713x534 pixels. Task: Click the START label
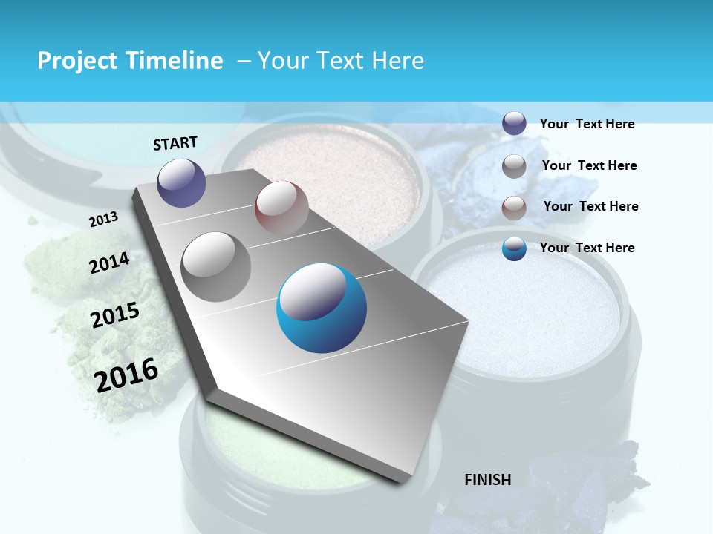coord(175,142)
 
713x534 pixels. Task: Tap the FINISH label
coord(488,480)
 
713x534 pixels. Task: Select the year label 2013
coord(103,220)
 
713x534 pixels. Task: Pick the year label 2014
coord(109,263)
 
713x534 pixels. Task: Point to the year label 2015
coord(115,314)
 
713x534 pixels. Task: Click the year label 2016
coord(126,375)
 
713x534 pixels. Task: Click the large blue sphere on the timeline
coord(322,308)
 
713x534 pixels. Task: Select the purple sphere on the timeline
coord(182,182)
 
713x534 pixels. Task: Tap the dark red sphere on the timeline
coord(281,207)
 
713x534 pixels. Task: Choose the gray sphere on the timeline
coord(216,266)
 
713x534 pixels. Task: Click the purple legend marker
coord(514,123)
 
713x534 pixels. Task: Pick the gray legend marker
coord(514,165)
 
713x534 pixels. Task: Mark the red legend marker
coord(514,207)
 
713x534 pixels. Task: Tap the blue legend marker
coord(514,248)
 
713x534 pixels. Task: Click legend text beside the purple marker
coord(587,124)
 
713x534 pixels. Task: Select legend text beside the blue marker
coord(587,248)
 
